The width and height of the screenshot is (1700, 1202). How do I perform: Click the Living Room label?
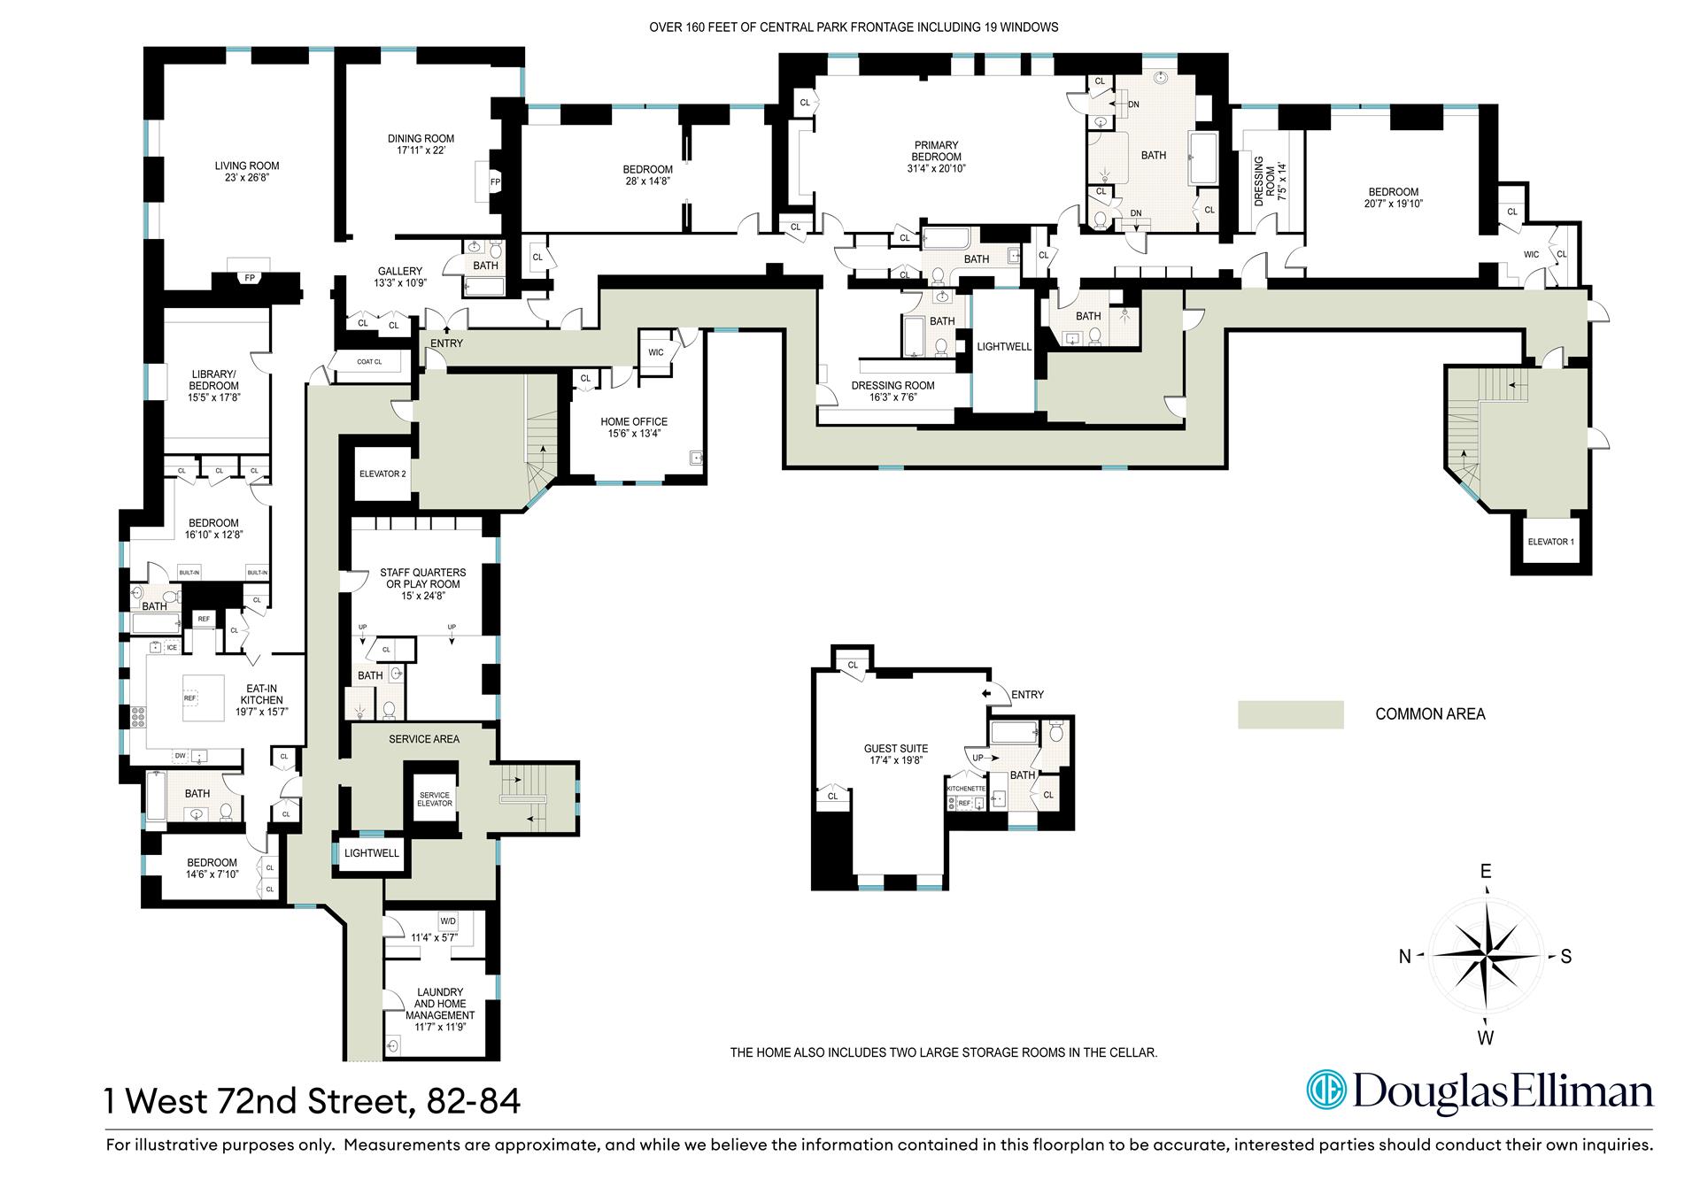(x=247, y=166)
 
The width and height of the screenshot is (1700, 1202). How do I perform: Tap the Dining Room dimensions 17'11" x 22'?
(x=421, y=150)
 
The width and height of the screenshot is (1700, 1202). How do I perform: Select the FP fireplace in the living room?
(x=250, y=277)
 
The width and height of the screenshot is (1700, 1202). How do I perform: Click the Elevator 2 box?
(x=382, y=474)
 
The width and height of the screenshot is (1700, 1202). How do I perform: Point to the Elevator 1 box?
(x=1549, y=541)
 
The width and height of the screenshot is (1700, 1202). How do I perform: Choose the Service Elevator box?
(x=435, y=798)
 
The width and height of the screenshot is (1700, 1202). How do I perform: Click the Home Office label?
(x=634, y=422)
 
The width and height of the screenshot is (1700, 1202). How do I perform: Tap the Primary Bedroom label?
(x=936, y=151)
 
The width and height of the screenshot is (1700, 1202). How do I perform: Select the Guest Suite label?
(x=896, y=748)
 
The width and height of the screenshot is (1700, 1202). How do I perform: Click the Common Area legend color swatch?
(x=1290, y=714)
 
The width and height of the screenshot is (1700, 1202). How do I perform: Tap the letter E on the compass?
(x=1486, y=872)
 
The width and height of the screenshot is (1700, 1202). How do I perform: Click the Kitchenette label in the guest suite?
(x=966, y=788)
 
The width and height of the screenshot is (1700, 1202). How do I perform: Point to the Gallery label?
(x=400, y=272)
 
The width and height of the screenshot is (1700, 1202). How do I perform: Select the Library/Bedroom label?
(x=213, y=386)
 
